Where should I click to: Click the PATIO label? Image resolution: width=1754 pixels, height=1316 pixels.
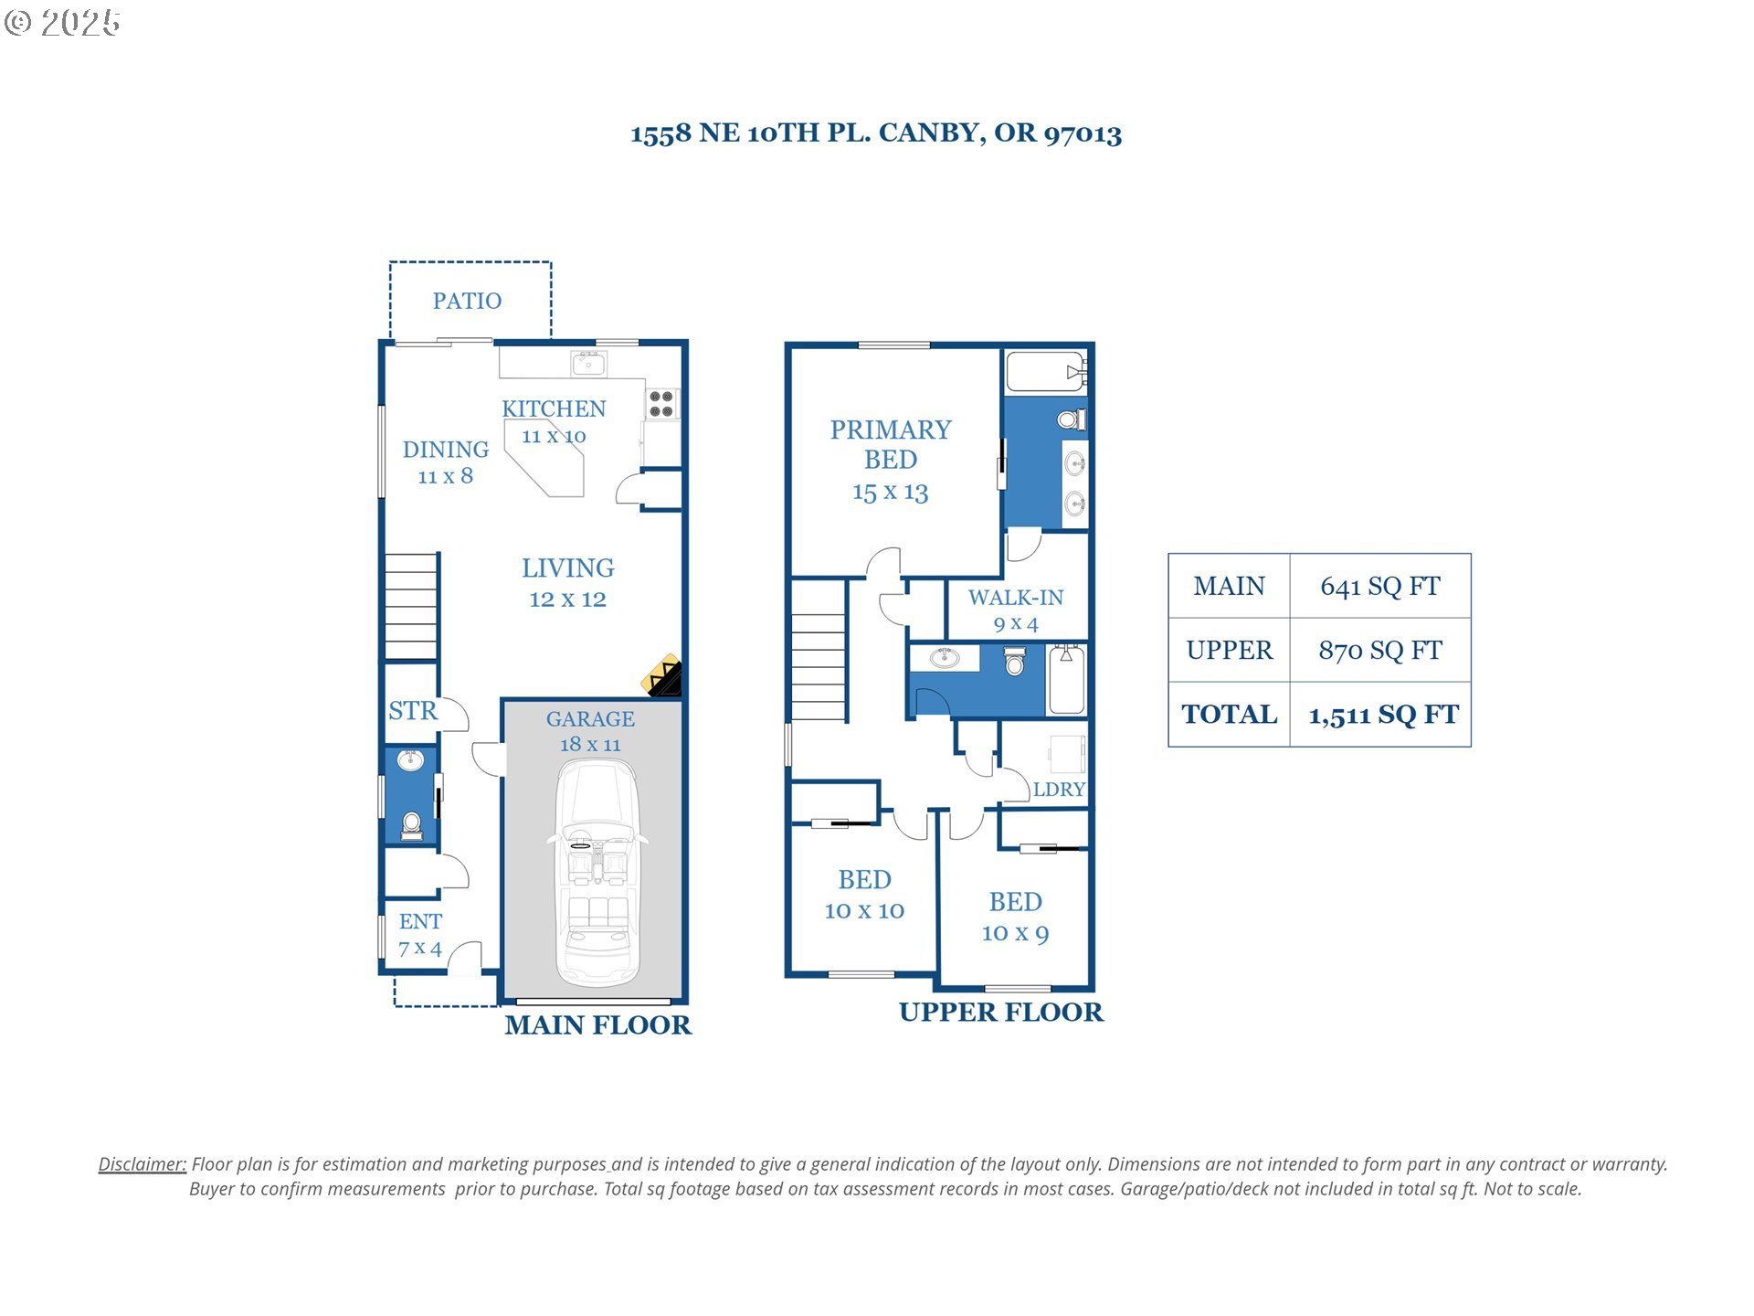click(x=467, y=301)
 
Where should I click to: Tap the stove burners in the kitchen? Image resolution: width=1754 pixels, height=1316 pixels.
click(x=661, y=404)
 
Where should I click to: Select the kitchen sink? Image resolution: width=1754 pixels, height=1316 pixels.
click(x=588, y=363)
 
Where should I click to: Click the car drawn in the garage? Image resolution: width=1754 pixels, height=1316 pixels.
click(x=597, y=874)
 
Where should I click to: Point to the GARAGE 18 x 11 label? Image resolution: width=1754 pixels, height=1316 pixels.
click(x=590, y=732)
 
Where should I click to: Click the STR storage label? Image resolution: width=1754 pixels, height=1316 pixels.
click(x=412, y=711)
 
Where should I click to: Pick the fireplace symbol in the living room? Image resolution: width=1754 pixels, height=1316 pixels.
click(x=662, y=675)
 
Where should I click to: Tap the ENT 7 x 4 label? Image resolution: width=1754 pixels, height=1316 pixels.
click(x=420, y=935)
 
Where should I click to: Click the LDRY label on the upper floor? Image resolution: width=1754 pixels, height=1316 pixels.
click(x=1059, y=790)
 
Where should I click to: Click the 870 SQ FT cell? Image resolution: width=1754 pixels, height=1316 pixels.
click(x=1380, y=651)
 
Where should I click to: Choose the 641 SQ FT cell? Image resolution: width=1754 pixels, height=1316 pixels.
click(x=1380, y=587)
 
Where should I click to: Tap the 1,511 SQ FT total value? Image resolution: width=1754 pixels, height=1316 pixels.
click(x=1383, y=715)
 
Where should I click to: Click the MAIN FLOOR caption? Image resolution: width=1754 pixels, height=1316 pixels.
click(x=598, y=1025)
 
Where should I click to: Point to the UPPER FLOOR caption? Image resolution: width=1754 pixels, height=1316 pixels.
click(x=1001, y=1013)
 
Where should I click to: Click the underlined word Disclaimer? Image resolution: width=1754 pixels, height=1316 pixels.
click(x=143, y=1164)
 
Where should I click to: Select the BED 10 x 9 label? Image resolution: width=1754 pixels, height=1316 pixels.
click(x=1016, y=918)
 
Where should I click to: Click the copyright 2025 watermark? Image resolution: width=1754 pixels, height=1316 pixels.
click(x=62, y=23)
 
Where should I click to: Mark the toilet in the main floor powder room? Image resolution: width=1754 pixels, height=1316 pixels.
click(x=411, y=824)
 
